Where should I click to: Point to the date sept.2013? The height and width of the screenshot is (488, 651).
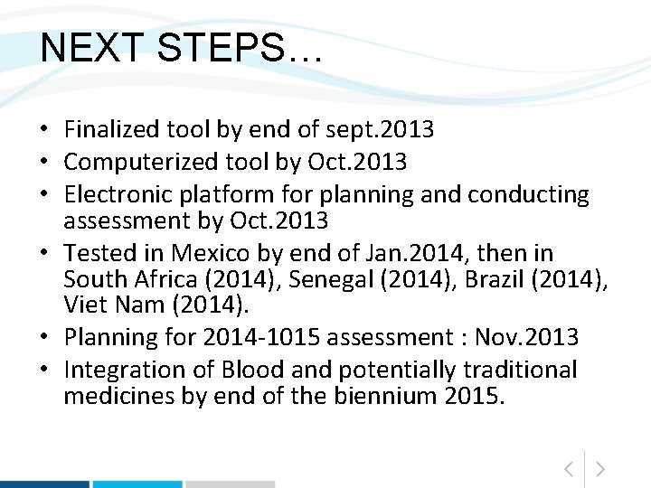pos(383,130)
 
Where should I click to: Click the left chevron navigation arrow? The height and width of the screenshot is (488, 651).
pos(568,468)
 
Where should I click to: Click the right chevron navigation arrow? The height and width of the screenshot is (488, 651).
pos(600,468)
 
